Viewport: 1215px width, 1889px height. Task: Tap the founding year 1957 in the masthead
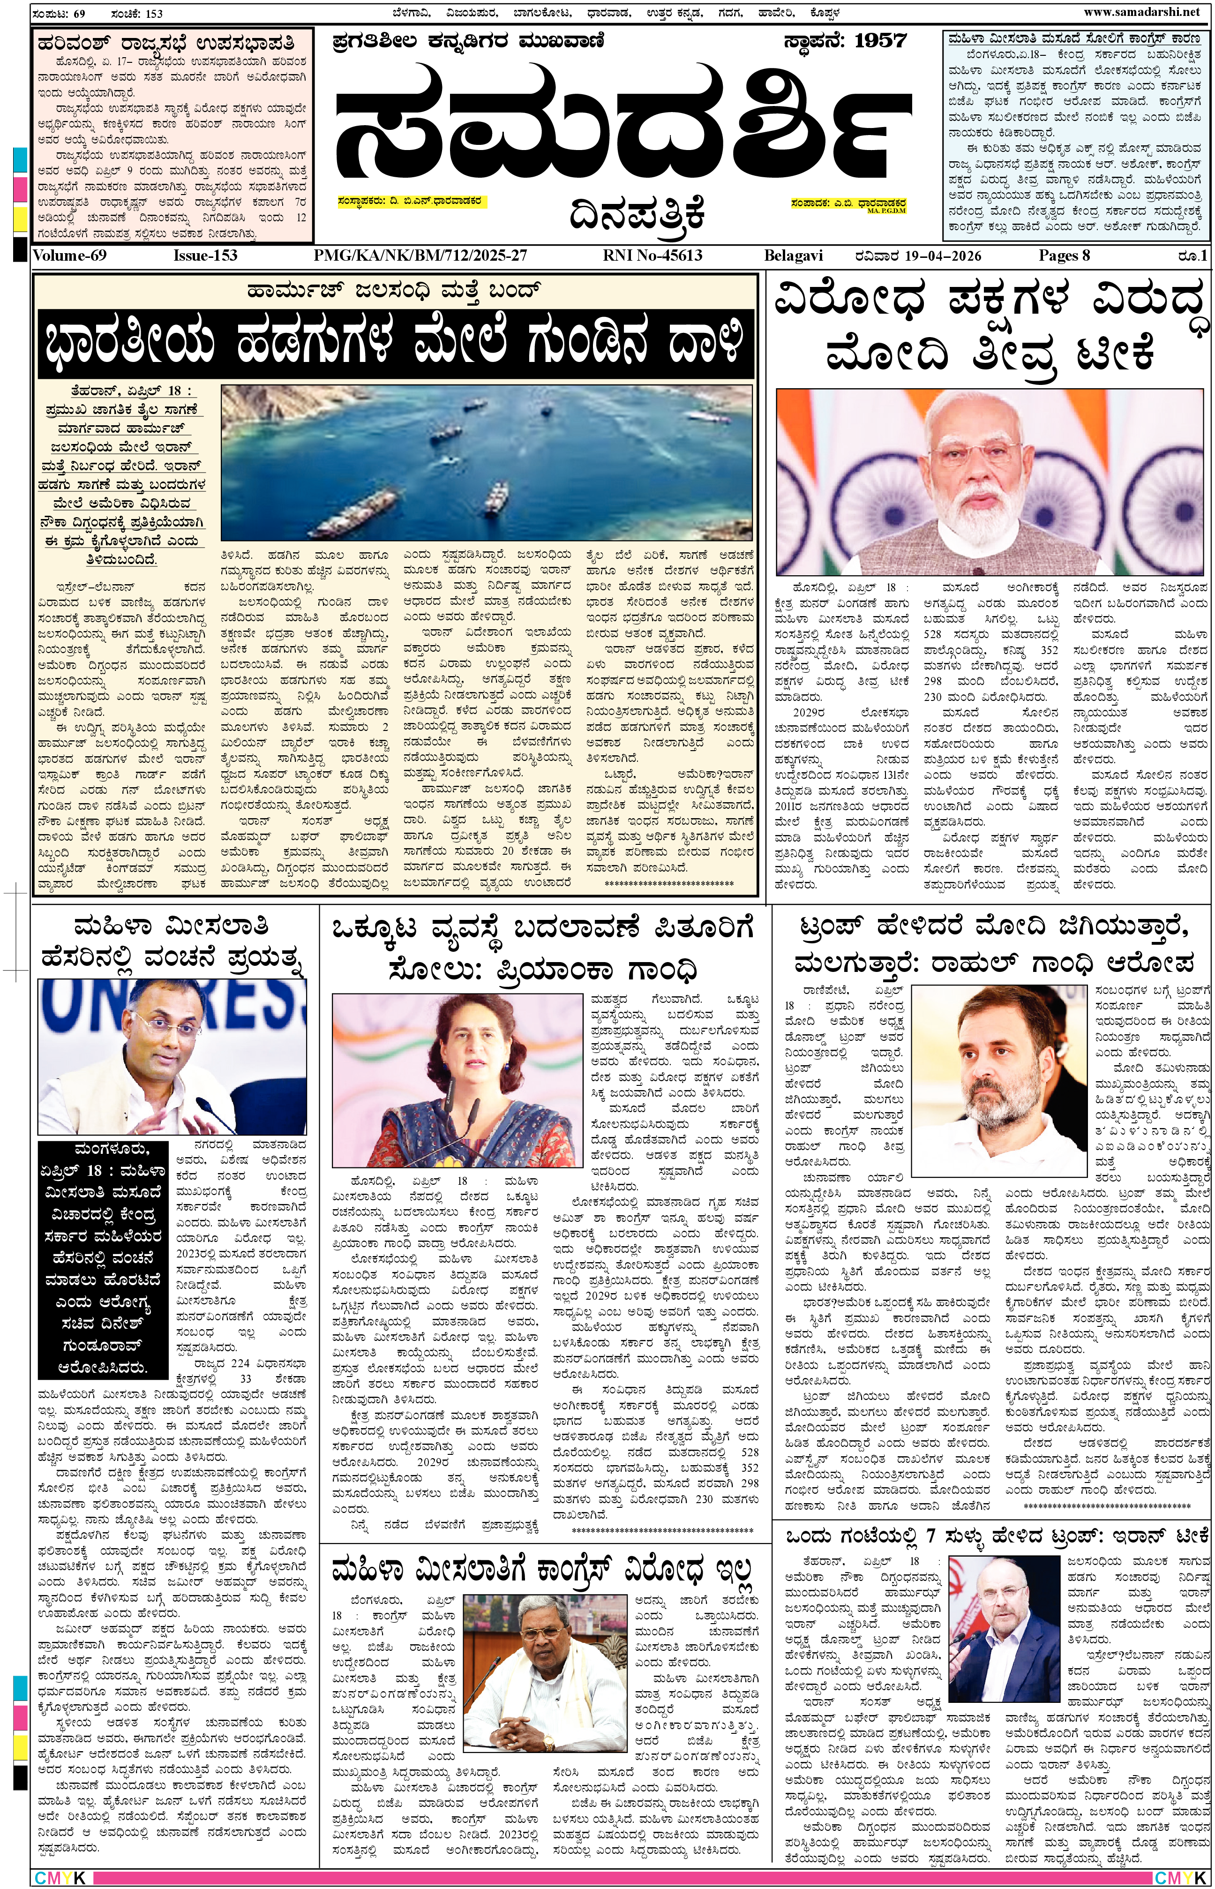point(880,42)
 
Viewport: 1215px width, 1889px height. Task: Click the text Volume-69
point(69,256)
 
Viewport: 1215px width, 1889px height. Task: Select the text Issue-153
point(205,256)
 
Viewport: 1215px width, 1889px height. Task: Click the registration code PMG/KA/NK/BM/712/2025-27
point(420,256)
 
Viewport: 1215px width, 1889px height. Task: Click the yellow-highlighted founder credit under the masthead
point(410,201)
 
